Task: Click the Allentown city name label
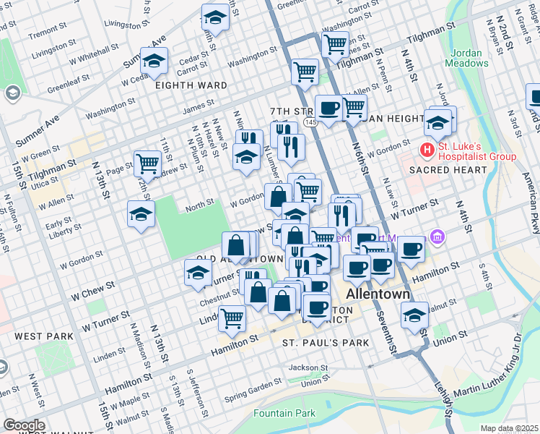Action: pos(378,295)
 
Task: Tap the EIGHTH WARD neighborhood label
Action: pos(191,85)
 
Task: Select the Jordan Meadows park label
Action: pos(469,58)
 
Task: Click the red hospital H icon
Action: pos(427,150)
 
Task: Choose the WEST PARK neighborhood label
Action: pos(43,336)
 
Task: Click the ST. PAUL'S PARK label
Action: pos(320,341)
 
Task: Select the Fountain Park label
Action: pos(284,414)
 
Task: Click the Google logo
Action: pos(24,425)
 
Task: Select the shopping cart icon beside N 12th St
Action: pos(148,162)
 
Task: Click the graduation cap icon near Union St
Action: pos(414,315)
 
